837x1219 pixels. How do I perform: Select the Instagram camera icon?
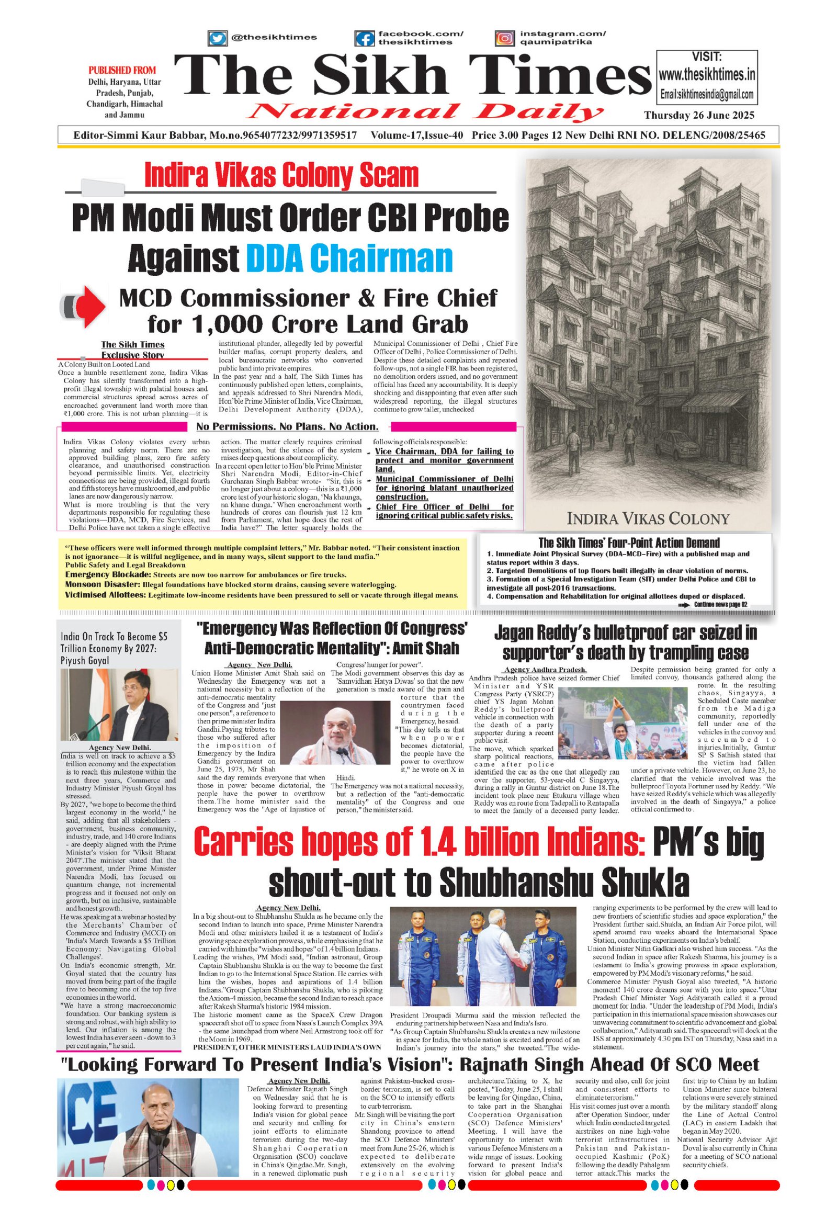tap(504, 38)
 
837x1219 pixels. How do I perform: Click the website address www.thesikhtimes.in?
tap(707, 75)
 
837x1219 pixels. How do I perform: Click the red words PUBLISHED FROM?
tap(122, 70)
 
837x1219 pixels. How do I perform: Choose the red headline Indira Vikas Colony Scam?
tap(281, 176)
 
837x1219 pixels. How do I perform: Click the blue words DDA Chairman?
tap(349, 258)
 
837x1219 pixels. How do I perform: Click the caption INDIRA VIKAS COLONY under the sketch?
tap(648, 519)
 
